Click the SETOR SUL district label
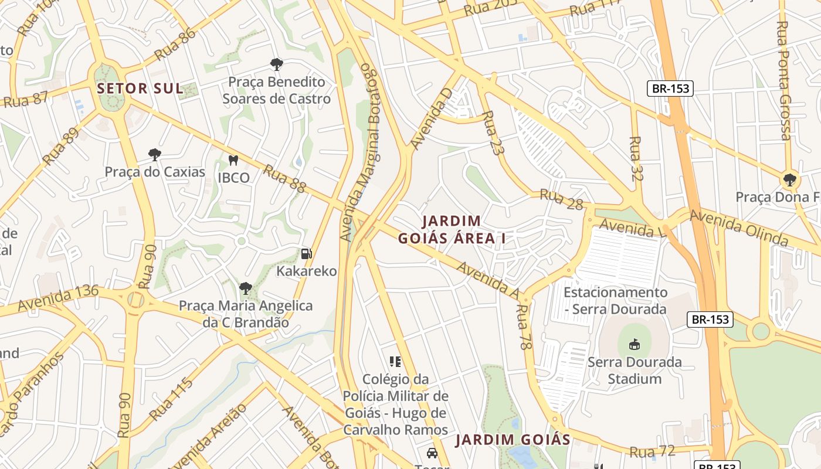140,89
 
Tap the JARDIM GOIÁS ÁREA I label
452,230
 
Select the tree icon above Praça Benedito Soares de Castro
276,64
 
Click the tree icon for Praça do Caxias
155,155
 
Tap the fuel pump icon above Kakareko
306,254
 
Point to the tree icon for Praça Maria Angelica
246,288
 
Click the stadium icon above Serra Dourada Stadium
635,345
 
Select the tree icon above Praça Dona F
790,179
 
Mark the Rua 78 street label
523,327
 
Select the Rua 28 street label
561,199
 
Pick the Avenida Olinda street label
738,227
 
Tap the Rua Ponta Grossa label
783,81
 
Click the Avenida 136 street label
57,298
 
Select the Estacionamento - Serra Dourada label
615,300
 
